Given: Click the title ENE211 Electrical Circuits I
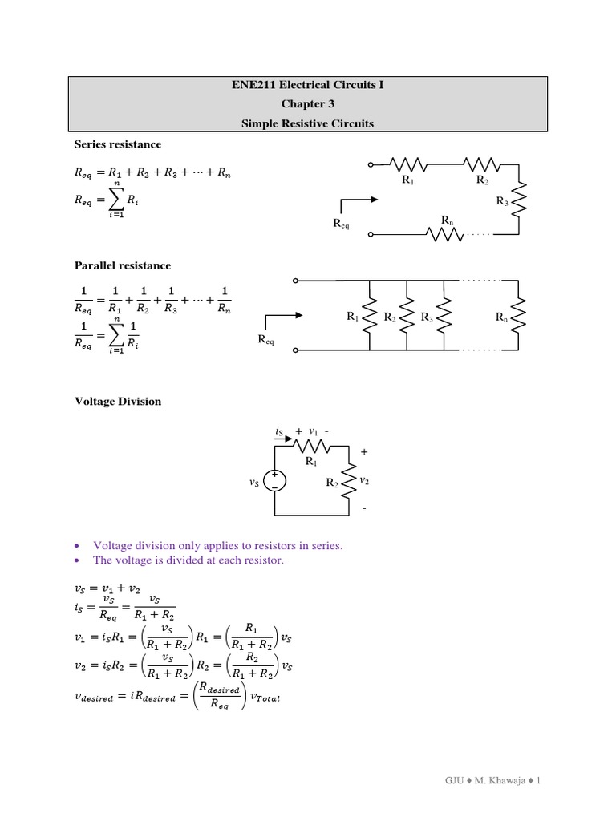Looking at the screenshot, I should click(x=309, y=84).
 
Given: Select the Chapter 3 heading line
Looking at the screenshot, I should click(x=309, y=104).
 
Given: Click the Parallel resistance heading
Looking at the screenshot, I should click(x=122, y=265).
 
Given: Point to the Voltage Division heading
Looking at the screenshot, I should click(x=117, y=402).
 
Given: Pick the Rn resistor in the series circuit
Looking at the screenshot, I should click(x=445, y=235).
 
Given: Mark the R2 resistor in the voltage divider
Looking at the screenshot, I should click(x=348, y=482).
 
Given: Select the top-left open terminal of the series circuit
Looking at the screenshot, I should click(x=371, y=165).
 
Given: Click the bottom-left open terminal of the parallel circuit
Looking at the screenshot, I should click(x=296, y=350).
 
